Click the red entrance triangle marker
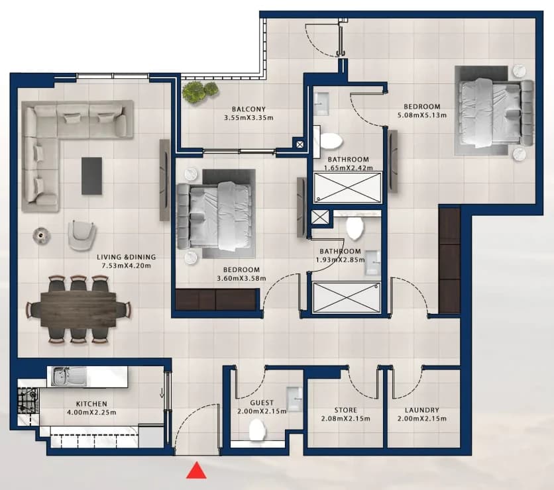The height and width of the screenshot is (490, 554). pos(196,471)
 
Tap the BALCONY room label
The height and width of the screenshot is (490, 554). pos(249,109)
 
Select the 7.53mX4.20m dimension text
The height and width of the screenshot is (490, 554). pos(126,266)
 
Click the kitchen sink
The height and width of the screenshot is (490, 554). pos(69,376)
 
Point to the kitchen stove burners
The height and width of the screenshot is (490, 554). pos(28,401)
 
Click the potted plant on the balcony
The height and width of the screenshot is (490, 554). pos(200,93)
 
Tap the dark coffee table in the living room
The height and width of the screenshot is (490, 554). pos(92,176)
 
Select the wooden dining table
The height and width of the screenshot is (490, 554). pos(78,310)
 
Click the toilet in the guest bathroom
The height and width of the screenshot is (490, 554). pos(258,429)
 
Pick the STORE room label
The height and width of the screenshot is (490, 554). pos(345,411)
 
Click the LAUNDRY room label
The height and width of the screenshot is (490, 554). pos(422,411)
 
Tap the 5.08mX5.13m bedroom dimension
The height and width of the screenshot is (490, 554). pos(422,115)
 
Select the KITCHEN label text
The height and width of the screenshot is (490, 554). pos(91,404)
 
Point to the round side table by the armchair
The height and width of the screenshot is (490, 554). pos(41,236)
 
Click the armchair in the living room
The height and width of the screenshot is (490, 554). pos(82,234)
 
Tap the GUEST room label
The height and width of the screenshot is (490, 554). pos(262,403)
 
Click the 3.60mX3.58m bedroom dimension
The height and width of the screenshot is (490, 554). pos(241,278)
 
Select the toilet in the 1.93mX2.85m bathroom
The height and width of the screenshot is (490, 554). pos(355,228)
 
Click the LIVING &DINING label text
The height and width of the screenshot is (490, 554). pos(126,258)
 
